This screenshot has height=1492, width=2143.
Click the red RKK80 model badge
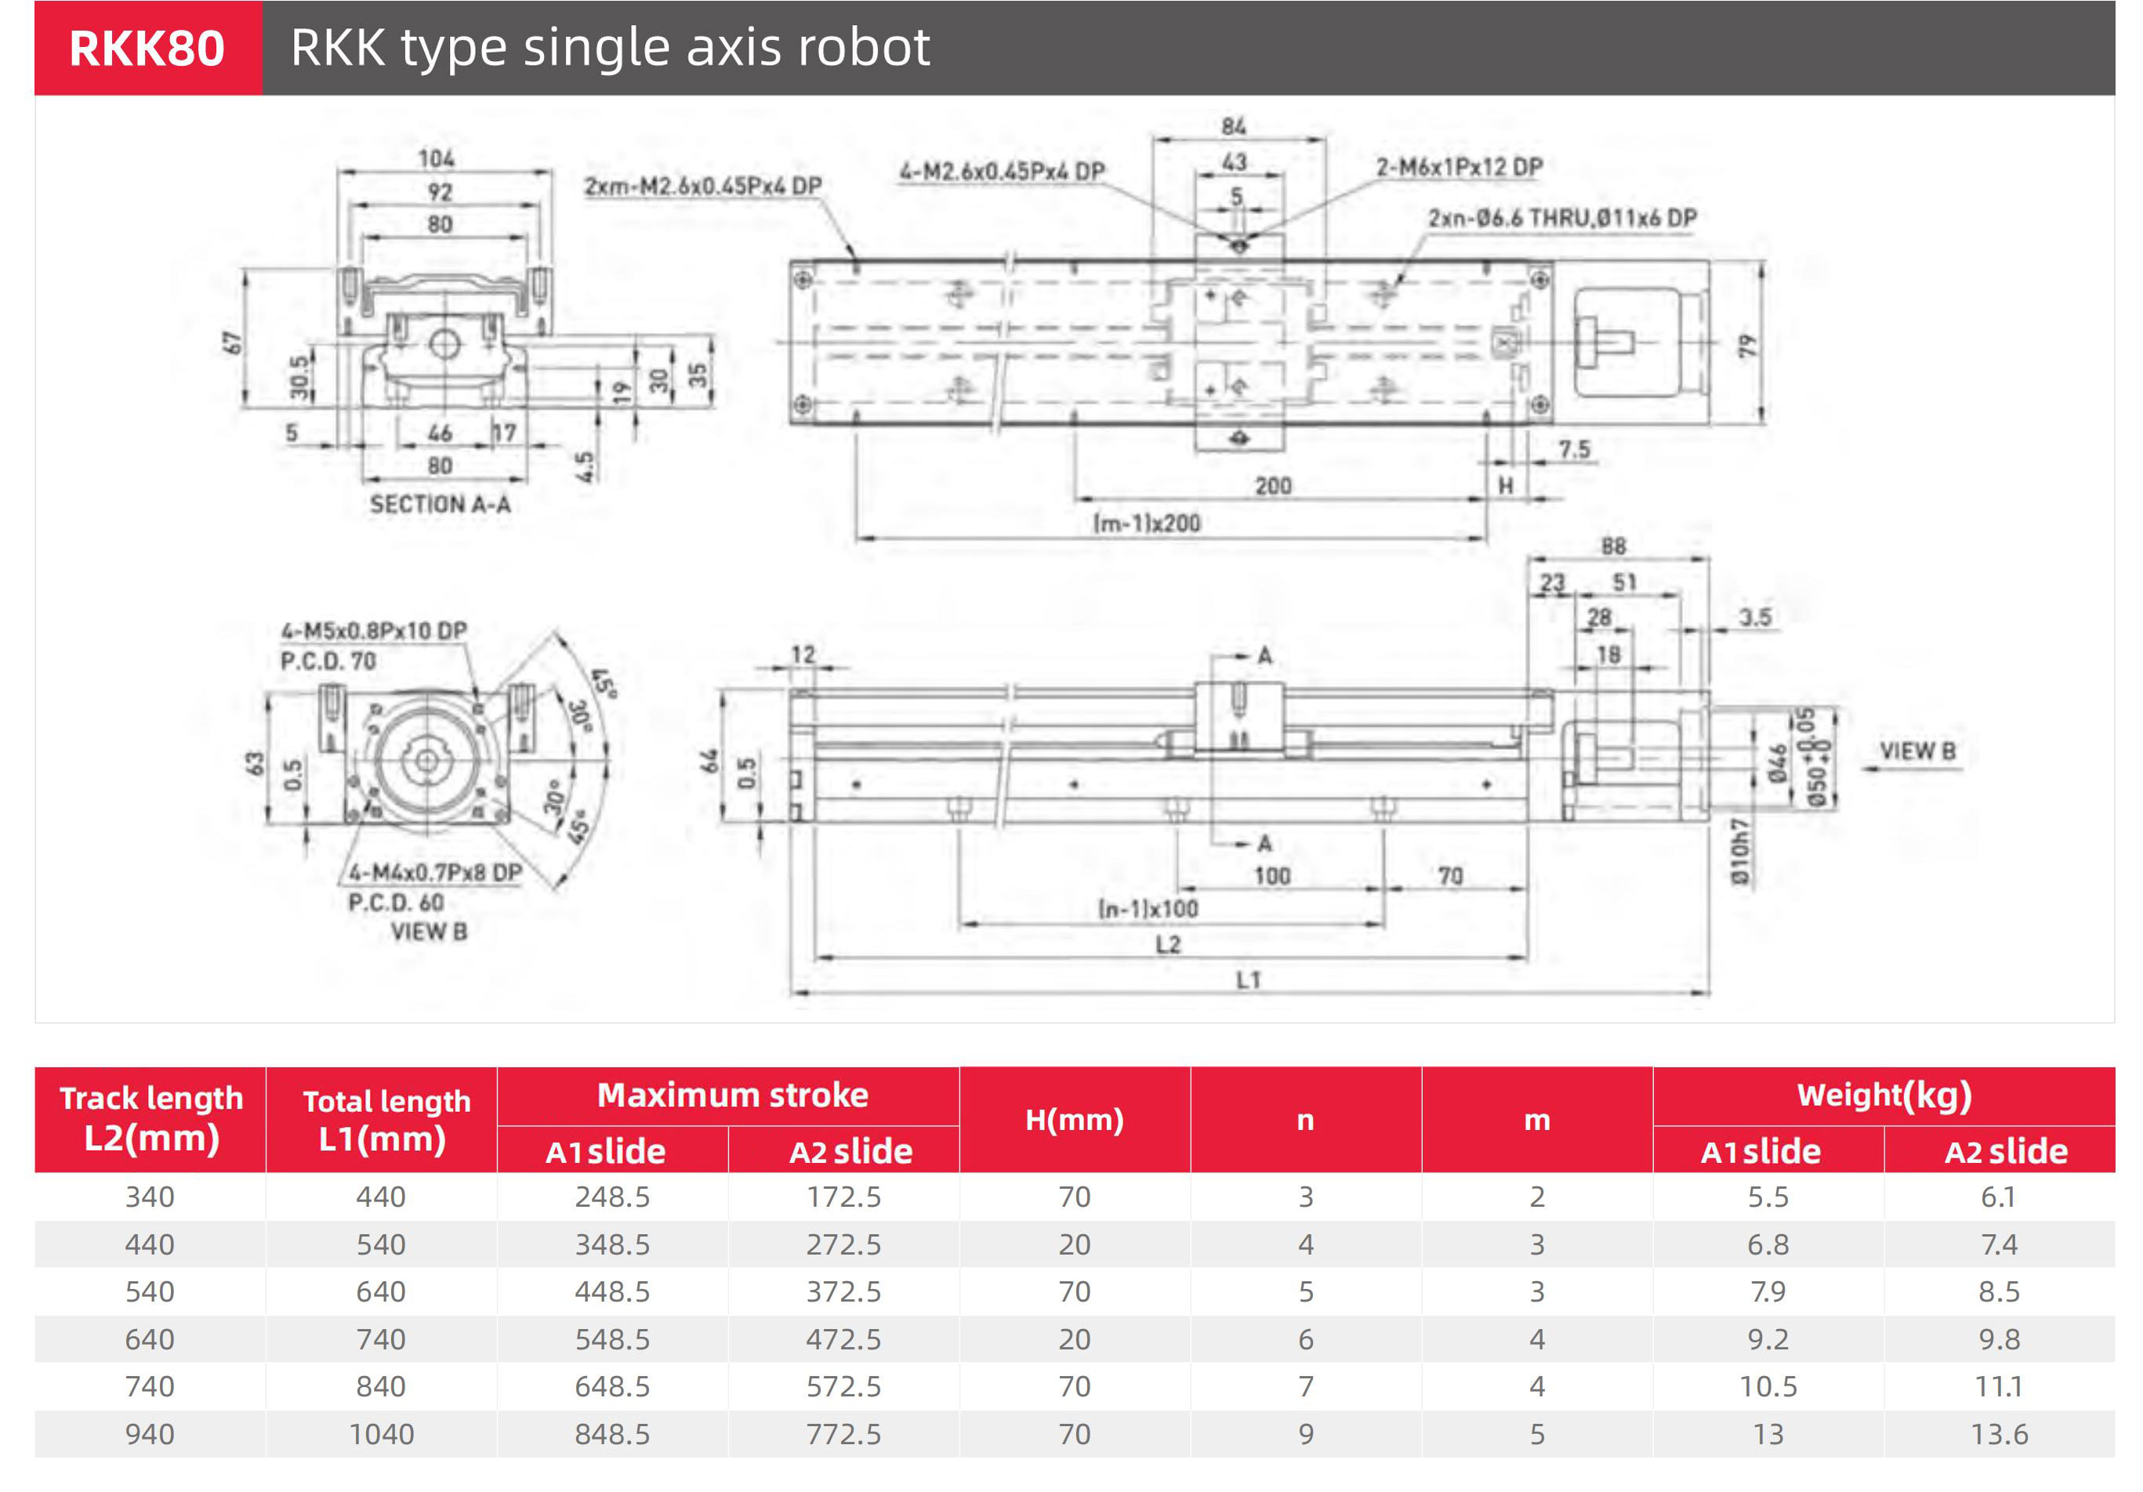[x=147, y=49]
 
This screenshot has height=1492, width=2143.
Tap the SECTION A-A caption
[x=440, y=505]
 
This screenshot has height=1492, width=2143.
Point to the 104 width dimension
[x=436, y=158]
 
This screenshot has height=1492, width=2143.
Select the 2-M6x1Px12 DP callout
[x=1459, y=167]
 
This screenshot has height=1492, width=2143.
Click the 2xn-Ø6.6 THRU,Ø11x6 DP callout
[x=1561, y=219]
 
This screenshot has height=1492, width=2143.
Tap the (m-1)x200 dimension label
[x=1147, y=523]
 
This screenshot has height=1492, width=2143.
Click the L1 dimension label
[x=1248, y=980]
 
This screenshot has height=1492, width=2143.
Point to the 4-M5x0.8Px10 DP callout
[x=374, y=631]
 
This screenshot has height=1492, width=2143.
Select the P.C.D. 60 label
[x=396, y=902]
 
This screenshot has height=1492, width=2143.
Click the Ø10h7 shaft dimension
[x=1739, y=852]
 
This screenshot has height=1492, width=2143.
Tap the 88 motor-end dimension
[x=1613, y=547]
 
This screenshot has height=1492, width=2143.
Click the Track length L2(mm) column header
[x=151, y=1119]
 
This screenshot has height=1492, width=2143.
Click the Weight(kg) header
[x=1884, y=1095]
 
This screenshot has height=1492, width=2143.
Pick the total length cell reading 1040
[x=381, y=1434]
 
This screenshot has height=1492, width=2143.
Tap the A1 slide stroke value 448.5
[x=612, y=1291]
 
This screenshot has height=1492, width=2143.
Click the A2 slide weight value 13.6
[x=2000, y=1434]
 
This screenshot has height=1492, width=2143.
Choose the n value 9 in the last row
[x=1306, y=1434]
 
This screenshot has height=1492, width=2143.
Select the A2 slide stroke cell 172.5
[x=843, y=1197]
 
